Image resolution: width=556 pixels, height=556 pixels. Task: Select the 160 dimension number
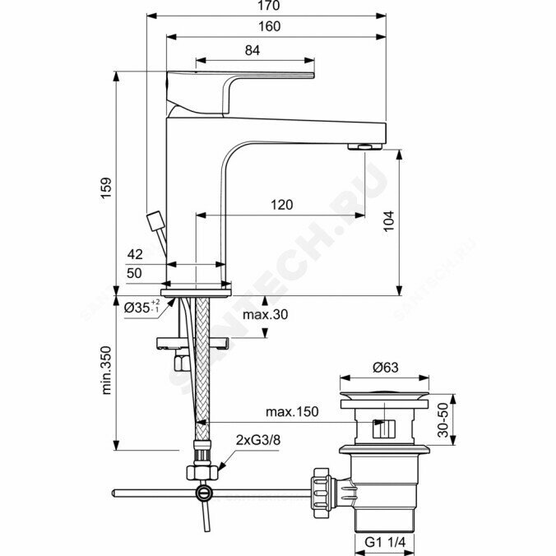pyautogui.click(x=268, y=26)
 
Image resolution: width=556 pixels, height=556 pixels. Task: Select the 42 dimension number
pyautogui.click(x=135, y=254)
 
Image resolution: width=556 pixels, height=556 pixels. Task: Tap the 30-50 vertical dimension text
pyautogui.click(x=442, y=420)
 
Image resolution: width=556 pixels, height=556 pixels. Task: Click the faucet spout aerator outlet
pyautogui.click(x=364, y=146)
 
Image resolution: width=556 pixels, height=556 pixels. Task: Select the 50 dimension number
pyautogui.click(x=135, y=273)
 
